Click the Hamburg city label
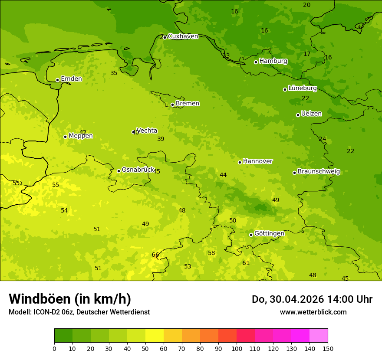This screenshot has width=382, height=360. pos(273,61)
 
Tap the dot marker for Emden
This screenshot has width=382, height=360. pos(57,80)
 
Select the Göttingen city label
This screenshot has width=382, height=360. pos(269,233)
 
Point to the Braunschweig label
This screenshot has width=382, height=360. pos(319,171)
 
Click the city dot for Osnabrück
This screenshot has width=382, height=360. pos(119,171)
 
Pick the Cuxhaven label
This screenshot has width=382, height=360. pos(183,36)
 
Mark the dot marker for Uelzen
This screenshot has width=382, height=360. pos(298,115)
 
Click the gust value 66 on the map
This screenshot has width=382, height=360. pos(155,255)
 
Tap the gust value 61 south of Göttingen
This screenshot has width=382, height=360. pos(246,263)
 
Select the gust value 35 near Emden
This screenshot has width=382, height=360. pos(114,73)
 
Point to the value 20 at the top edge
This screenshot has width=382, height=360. pos(306,5)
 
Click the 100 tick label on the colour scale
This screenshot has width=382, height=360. pos(237,348)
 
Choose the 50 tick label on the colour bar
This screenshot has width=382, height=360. pos(145,348)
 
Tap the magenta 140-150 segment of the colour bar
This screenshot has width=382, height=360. pos(319,336)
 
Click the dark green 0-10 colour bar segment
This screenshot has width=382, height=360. pos(63,336)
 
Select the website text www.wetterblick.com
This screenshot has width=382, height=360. pos(313,312)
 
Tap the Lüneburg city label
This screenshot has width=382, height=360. pos(302,88)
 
